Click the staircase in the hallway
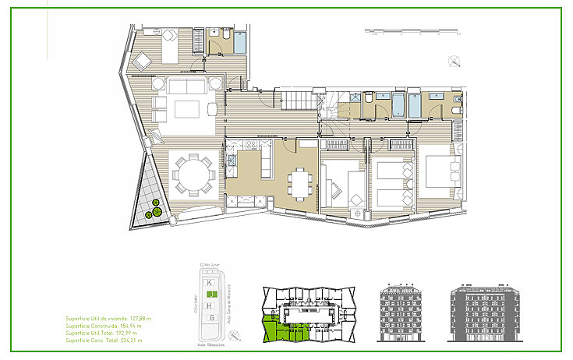296,101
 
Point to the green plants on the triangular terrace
156,208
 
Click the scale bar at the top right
414,32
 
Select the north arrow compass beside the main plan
454,62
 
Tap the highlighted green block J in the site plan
209,294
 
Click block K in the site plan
209,281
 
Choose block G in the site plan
209,318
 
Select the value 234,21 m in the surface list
140,341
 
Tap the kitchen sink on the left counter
232,163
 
